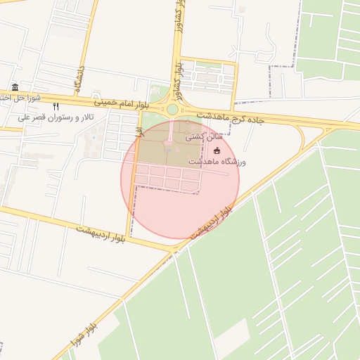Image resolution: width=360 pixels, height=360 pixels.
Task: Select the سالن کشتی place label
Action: (200, 139)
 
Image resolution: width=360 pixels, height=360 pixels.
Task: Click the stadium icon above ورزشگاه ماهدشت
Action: (217, 150)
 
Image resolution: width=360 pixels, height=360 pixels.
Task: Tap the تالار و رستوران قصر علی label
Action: (58, 117)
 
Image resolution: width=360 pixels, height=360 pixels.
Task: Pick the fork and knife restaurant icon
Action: (56, 105)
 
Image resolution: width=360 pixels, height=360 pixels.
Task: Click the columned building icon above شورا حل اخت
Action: (15, 87)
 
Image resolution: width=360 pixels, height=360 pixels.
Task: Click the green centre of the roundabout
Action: (172, 110)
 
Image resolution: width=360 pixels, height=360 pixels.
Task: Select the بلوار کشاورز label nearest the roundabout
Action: (179, 77)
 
